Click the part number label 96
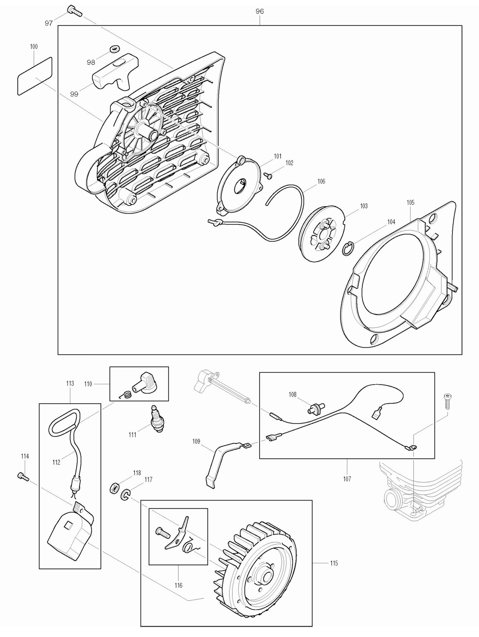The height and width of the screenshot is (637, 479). point(260,11)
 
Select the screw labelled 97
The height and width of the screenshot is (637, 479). point(75,11)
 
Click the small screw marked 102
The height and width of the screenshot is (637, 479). point(269,175)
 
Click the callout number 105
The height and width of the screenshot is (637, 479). point(410,202)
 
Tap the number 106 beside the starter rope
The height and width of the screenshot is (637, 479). point(321,181)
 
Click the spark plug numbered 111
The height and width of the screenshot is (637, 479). point(156,419)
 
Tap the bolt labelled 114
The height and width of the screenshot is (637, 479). point(23,477)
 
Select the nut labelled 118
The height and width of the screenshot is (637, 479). point(113,488)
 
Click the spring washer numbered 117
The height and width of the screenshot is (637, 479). point(125,494)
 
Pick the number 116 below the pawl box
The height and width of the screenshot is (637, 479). point(178,586)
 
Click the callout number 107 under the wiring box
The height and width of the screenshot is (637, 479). point(347,479)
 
